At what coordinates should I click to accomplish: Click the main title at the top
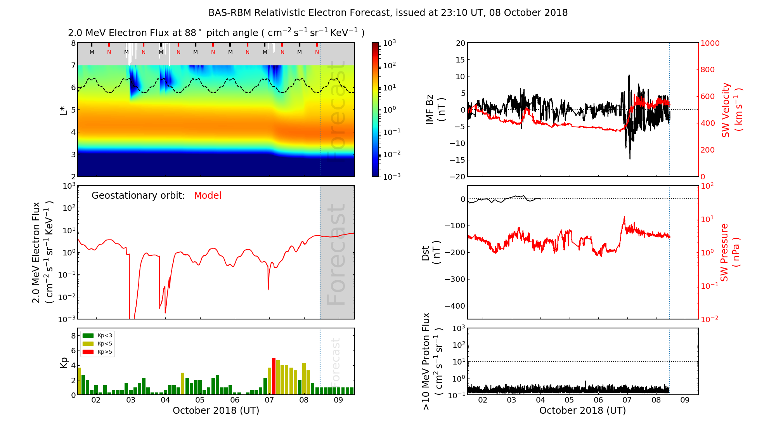click(x=388, y=13)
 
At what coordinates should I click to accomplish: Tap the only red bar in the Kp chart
click(x=274, y=376)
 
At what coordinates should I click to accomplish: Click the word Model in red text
click(x=208, y=196)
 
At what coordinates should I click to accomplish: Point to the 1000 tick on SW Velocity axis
click(x=710, y=43)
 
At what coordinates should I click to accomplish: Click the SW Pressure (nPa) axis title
click(x=730, y=252)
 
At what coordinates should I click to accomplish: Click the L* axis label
click(x=64, y=110)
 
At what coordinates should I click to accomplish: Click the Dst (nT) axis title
click(x=431, y=253)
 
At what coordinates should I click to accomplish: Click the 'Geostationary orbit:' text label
click(x=138, y=196)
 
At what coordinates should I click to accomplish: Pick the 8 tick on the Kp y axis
click(x=73, y=336)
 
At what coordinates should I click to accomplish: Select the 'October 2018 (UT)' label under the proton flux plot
click(x=582, y=411)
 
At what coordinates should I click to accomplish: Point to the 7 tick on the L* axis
click(x=73, y=65)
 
